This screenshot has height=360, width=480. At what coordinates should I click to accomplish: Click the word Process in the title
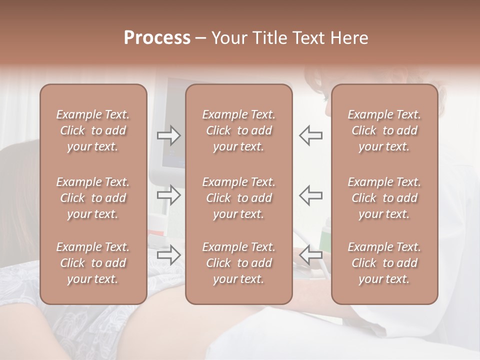157,38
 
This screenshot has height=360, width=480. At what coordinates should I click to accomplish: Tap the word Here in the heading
350,38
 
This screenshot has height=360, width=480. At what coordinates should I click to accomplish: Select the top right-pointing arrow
168,135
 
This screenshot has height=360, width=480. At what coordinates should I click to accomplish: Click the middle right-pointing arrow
168,195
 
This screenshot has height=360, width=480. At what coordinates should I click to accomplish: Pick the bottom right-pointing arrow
168,255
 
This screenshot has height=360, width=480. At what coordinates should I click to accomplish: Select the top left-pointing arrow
310,135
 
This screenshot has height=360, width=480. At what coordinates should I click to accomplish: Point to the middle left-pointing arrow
310,195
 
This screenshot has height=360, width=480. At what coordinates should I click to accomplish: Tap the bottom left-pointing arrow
310,255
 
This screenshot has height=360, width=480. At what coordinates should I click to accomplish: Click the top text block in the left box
93,130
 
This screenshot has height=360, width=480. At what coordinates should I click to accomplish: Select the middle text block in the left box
93,198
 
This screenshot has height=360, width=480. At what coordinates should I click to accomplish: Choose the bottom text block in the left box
93,263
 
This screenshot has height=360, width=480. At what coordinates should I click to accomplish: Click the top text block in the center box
239,130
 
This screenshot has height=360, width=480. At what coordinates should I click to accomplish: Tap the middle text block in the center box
239,198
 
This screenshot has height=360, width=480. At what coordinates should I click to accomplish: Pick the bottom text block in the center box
239,263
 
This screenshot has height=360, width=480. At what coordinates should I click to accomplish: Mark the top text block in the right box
384,130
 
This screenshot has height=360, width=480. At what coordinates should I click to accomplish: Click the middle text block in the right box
384,198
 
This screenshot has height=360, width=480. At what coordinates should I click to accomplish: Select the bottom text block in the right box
384,263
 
